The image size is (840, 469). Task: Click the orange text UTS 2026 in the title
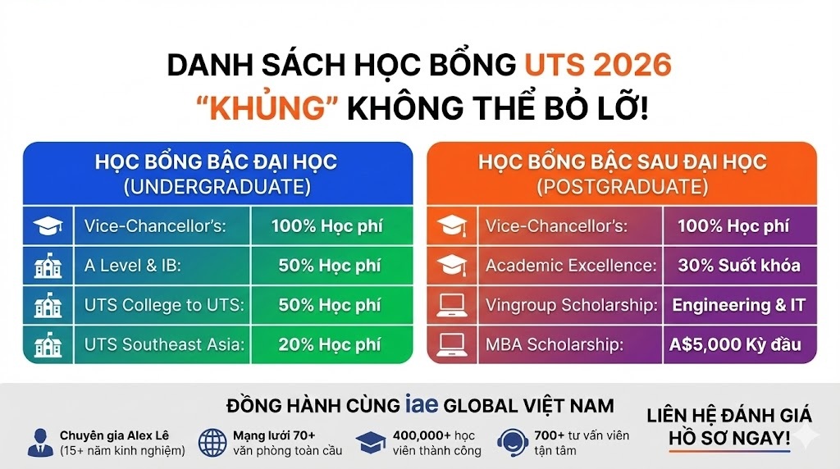coord(598,65)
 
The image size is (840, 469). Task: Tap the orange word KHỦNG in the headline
coord(267,108)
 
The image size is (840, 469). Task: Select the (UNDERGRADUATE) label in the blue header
coord(217,187)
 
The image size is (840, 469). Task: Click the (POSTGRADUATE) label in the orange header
coord(623,187)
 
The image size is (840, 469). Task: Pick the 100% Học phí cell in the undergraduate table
coord(326,226)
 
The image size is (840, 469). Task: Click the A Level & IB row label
coord(133,266)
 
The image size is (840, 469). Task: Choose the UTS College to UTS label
coord(164,305)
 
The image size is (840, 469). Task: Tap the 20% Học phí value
coord(329,345)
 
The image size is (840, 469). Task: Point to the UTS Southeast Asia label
coord(164,344)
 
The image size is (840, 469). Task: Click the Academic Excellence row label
coord(571,266)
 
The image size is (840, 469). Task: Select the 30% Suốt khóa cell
coord(739,266)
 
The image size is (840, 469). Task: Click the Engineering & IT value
coord(739,305)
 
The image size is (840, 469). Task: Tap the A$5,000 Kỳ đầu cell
coord(735,345)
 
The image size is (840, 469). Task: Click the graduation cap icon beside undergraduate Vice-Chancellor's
coord(48,226)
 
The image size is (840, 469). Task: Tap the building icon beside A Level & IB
coord(48,266)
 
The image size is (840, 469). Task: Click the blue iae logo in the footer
coord(422,403)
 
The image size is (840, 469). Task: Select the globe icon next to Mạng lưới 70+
coord(212,443)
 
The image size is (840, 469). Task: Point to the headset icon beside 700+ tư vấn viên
coord(513,443)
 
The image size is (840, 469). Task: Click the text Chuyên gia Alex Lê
coord(114,435)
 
